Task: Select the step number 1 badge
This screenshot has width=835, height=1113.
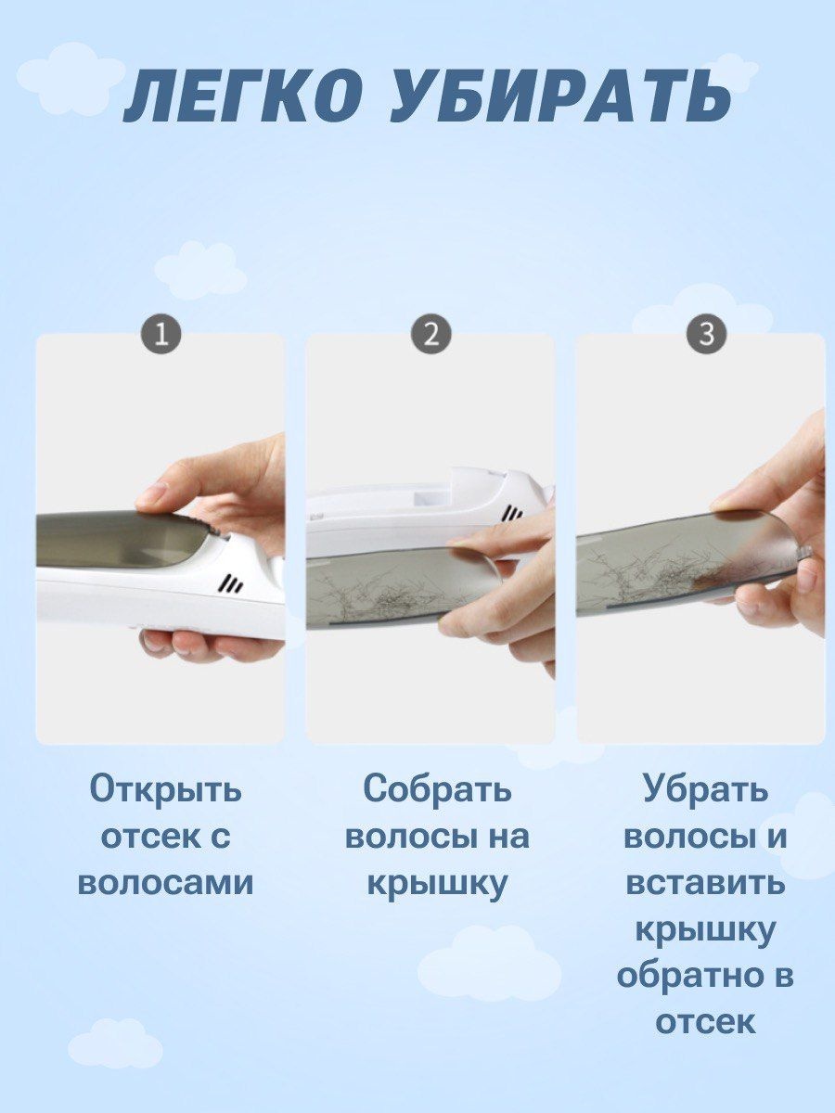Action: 161,335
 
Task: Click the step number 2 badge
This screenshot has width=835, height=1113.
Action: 430,335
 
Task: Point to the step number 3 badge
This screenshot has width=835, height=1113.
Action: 706,335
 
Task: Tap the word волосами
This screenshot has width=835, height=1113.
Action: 165,883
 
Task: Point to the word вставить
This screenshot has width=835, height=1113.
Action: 705,883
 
